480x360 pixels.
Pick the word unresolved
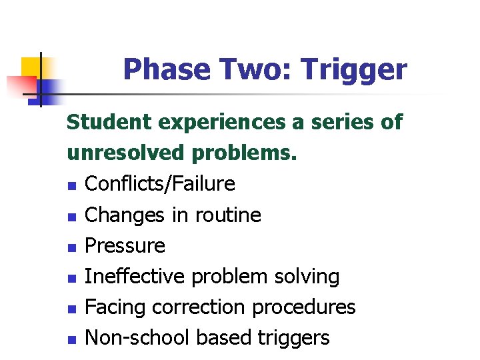click(126, 153)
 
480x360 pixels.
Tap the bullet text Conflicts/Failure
click(160, 184)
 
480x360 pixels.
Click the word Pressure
click(125, 245)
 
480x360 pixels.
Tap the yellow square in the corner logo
click(30, 67)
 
